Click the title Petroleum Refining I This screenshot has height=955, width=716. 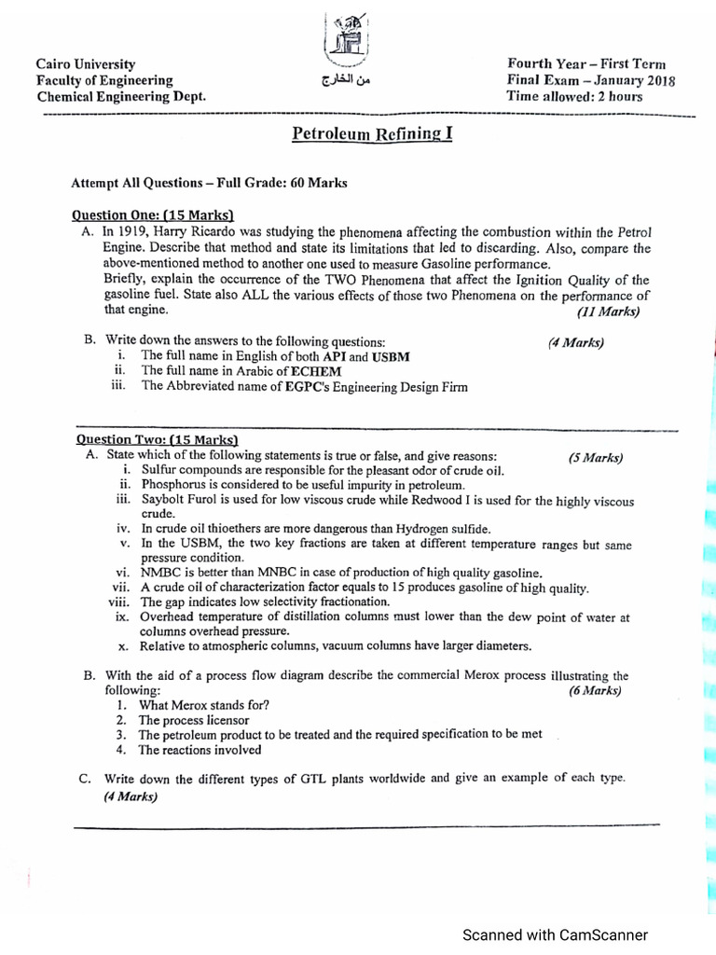[x=372, y=133]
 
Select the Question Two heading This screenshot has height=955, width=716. [x=157, y=439]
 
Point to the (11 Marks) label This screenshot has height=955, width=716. [x=608, y=311]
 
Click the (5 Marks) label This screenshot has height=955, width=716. [x=595, y=457]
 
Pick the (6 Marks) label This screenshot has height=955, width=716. [x=595, y=691]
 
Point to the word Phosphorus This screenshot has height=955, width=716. [x=174, y=485]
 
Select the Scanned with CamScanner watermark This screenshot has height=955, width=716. [x=555, y=934]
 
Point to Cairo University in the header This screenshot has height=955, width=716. [x=86, y=64]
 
